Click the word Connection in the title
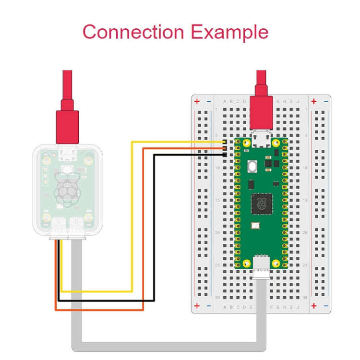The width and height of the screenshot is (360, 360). click(x=133, y=32)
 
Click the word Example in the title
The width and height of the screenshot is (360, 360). click(x=229, y=32)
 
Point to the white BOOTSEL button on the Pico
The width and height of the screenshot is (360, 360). click(x=252, y=167)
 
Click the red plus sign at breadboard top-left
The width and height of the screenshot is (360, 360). click(x=197, y=101)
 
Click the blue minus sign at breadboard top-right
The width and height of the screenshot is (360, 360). click(x=326, y=101)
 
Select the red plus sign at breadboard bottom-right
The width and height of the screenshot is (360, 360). click(x=314, y=306)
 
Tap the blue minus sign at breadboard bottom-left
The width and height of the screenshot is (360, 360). click(x=208, y=306)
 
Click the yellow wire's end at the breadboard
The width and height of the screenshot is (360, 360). click(x=225, y=143)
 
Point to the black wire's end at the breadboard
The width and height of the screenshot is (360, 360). click(x=225, y=155)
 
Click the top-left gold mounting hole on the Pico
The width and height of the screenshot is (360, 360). click(x=247, y=143)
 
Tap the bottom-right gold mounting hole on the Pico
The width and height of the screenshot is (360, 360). click(x=276, y=264)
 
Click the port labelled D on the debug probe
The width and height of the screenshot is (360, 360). click(x=77, y=222)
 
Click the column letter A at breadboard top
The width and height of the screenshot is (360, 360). click(x=225, y=101)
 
